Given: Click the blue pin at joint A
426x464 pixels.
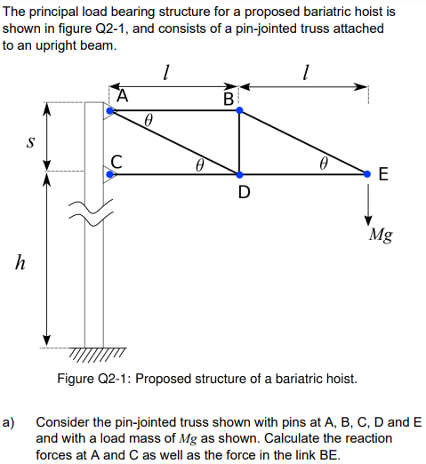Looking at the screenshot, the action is pyautogui.click(x=109, y=111).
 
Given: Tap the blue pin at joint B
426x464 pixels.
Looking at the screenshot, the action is pyautogui.click(x=239, y=111).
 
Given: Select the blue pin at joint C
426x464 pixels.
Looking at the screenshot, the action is pyautogui.click(x=109, y=174).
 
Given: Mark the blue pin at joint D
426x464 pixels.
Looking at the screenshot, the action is pyautogui.click(x=239, y=174).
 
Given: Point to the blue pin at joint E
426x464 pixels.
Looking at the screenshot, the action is pyautogui.click(x=368, y=174).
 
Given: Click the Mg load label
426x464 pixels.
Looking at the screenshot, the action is pyautogui.click(x=382, y=236).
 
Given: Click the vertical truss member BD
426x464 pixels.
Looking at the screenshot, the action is pyautogui.click(x=239, y=142).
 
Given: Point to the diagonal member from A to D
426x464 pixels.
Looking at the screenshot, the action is pyautogui.click(x=174, y=143).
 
